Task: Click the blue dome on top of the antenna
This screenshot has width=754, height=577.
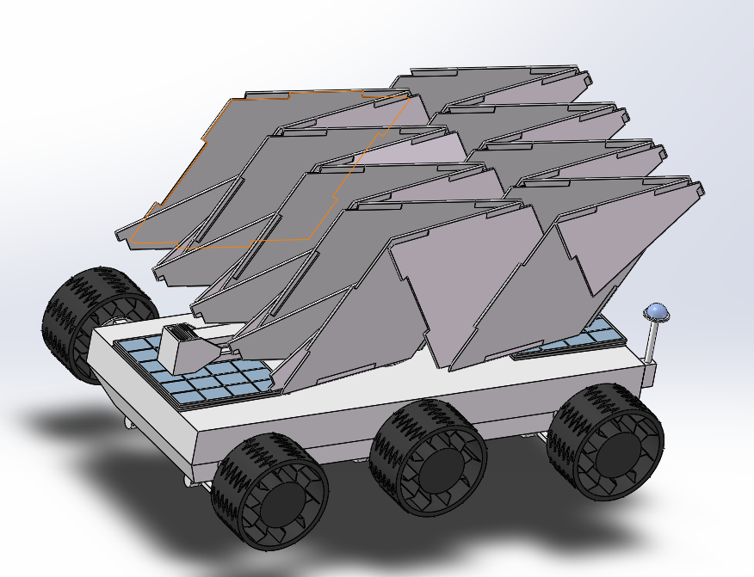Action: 658,311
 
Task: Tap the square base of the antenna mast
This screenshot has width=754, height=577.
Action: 650,370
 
